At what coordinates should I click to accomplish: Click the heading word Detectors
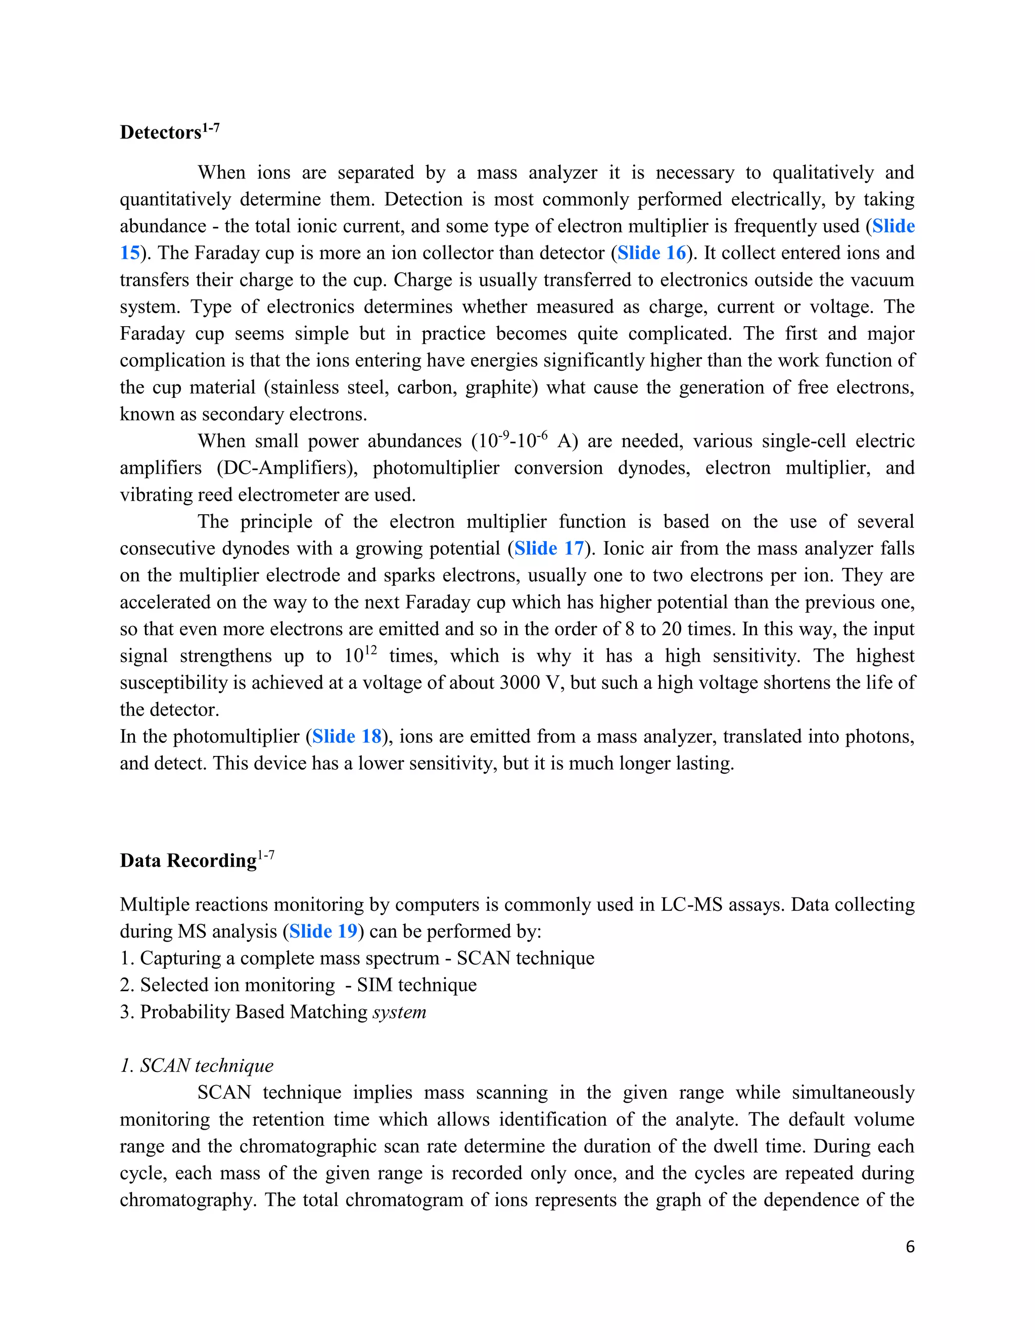[x=161, y=132]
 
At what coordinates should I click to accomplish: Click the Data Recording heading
[x=187, y=861]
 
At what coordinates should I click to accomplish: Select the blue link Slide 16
[x=651, y=253]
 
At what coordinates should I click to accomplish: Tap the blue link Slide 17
[x=549, y=548]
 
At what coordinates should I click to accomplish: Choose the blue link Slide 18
[x=346, y=736]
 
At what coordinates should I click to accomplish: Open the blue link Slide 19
[x=323, y=931]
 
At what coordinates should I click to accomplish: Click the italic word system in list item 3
[x=399, y=1012]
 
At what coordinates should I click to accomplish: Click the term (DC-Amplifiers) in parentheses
[x=287, y=468]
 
